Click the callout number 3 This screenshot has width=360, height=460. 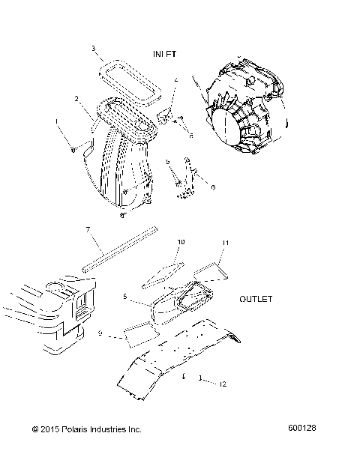[94, 49]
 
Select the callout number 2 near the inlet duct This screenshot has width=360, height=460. [77, 98]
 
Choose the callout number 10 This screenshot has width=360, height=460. [179, 242]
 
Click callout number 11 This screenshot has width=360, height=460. [223, 243]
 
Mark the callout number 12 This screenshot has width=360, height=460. [223, 384]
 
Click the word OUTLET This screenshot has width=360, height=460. [256, 298]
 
